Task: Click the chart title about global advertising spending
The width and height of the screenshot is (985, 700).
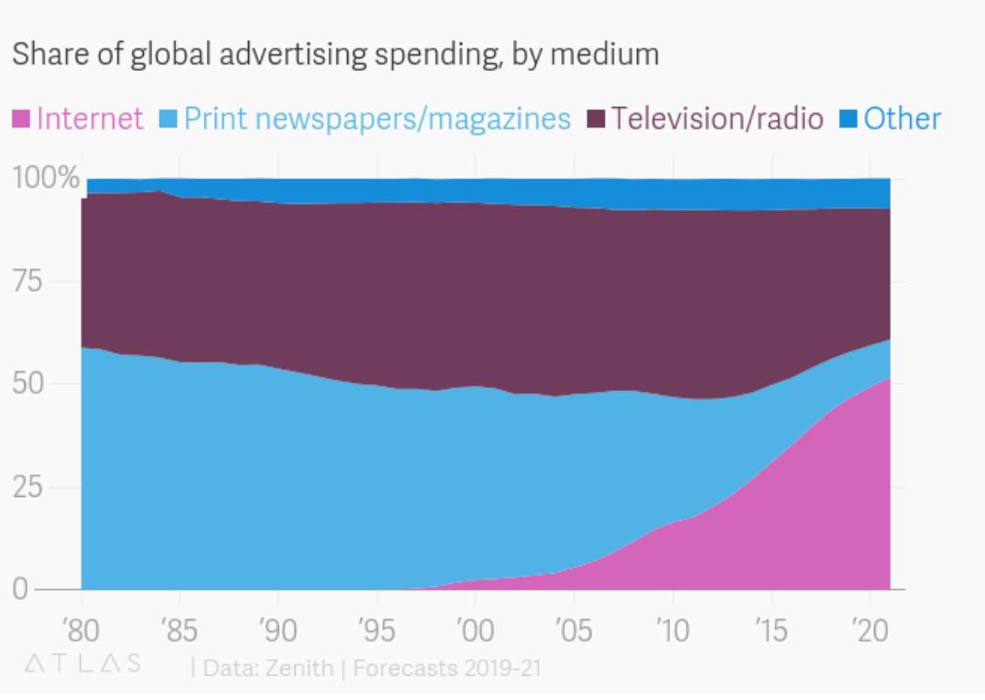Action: (x=334, y=54)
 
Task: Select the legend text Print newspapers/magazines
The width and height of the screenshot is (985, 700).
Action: (x=377, y=120)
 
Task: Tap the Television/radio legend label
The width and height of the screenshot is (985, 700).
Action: (x=717, y=120)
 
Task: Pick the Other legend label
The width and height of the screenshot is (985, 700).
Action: (x=902, y=120)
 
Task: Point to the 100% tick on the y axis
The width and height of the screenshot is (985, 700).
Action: (x=45, y=178)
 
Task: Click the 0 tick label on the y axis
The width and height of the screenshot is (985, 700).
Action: (x=20, y=589)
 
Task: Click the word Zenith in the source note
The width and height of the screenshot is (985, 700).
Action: (x=289, y=668)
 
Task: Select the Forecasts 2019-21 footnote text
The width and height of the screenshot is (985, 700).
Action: (x=447, y=668)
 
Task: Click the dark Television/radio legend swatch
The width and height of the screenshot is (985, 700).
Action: (x=597, y=120)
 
